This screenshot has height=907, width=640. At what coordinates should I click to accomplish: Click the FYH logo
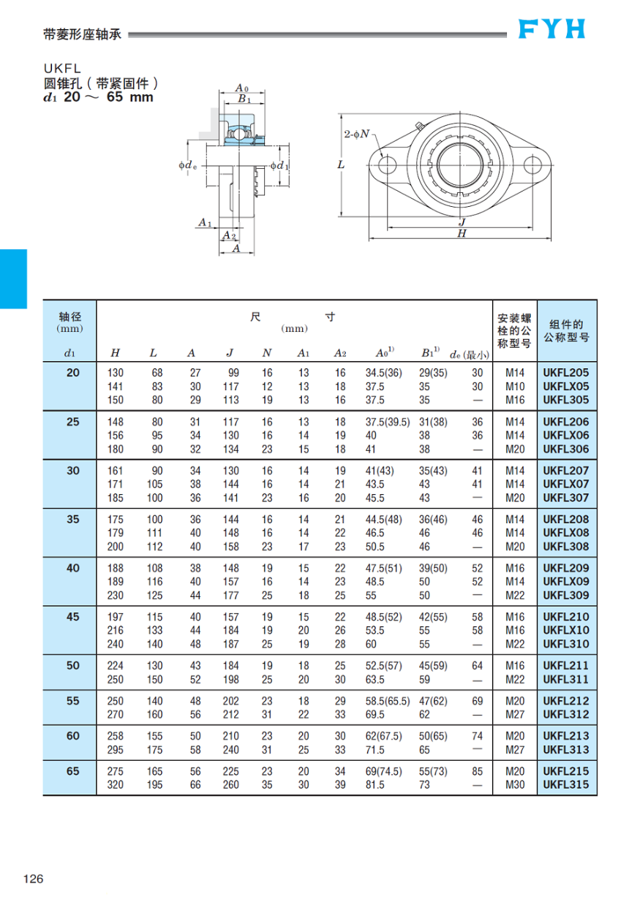(x=552, y=29)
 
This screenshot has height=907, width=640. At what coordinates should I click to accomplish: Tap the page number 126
(x=34, y=878)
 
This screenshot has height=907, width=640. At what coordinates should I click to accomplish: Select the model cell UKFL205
(x=565, y=373)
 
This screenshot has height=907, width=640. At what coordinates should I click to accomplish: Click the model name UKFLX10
(x=565, y=631)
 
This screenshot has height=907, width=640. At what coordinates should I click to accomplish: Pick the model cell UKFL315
(x=565, y=785)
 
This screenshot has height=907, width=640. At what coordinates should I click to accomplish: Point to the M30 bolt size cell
(x=515, y=785)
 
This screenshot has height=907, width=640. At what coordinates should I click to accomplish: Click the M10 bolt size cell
(x=515, y=387)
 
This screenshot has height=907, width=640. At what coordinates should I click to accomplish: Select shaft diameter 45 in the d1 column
(x=72, y=617)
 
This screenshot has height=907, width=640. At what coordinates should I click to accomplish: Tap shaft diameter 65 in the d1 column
(x=72, y=771)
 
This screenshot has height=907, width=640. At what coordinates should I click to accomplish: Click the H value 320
(x=116, y=785)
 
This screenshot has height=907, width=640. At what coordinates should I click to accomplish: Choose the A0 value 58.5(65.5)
(x=384, y=701)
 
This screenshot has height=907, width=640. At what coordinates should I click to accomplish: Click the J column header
(x=229, y=354)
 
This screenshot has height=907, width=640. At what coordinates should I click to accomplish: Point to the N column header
(x=267, y=354)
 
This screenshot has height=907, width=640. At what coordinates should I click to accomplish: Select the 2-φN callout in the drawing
(x=357, y=134)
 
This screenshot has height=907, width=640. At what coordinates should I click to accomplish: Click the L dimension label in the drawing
(x=340, y=165)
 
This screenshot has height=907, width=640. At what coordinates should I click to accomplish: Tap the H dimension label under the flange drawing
(x=462, y=234)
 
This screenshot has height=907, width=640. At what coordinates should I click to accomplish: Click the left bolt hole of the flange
(x=387, y=165)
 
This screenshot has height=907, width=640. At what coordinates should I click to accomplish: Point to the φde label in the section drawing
(x=187, y=166)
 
